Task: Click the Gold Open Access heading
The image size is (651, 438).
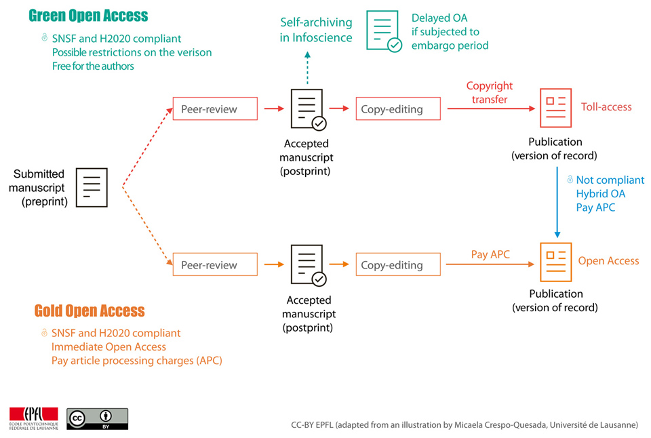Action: click(90, 311)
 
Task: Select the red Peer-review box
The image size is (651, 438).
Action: click(214, 108)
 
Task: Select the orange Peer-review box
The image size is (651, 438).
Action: click(214, 264)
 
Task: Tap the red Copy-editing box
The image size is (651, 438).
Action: click(397, 108)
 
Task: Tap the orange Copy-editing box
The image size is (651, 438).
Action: click(397, 264)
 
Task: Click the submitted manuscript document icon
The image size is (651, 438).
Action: click(92, 186)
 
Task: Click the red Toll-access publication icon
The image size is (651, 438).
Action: click(555, 108)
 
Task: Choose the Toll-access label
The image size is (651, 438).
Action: click(606, 107)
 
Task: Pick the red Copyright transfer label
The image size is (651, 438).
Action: click(490, 92)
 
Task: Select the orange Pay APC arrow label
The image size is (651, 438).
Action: click(490, 255)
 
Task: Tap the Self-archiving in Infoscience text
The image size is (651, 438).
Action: click(316, 30)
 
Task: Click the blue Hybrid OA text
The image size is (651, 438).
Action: click(601, 194)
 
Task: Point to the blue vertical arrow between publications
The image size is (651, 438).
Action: click(557, 203)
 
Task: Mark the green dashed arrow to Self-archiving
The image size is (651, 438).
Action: click(307, 67)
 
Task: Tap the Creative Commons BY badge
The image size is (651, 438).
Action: click(97, 419)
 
